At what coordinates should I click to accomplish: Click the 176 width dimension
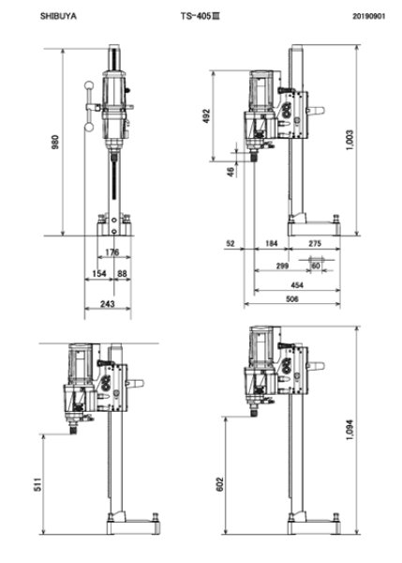point(112,251)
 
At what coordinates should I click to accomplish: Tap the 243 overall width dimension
point(107,303)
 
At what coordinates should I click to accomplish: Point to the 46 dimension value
point(231,171)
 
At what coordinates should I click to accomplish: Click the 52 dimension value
point(231,244)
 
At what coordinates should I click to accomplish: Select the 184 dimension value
point(272,244)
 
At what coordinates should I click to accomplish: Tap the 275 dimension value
point(315,244)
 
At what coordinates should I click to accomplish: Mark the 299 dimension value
point(283,266)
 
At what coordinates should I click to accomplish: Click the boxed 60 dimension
point(316,266)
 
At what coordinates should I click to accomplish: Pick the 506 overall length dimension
point(292,298)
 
